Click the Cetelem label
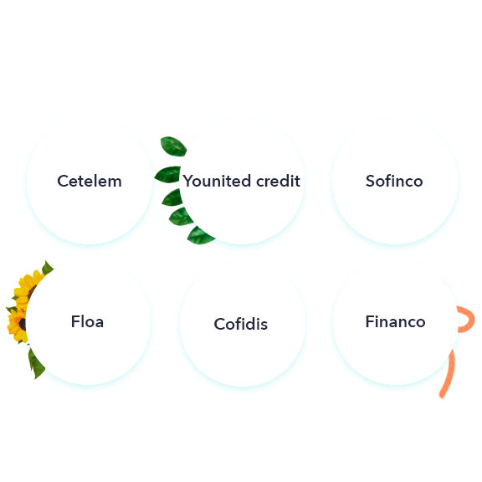coord(90,181)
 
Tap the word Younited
coord(218,181)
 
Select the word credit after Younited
coord(278,181)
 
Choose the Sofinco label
coord(394,181)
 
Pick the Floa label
coord(87,321)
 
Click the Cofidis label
coord(241,324)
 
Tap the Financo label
coord(395,321)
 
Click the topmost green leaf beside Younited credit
coord(173,146)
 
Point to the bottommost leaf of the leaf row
coord(200,236)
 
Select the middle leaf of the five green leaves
coord(172,197)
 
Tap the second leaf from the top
coord(167,174)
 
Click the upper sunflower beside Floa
coord(27,287)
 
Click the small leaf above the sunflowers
coord(47,268)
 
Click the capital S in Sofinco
coord(371,181)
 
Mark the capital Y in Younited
coord(189,181)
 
